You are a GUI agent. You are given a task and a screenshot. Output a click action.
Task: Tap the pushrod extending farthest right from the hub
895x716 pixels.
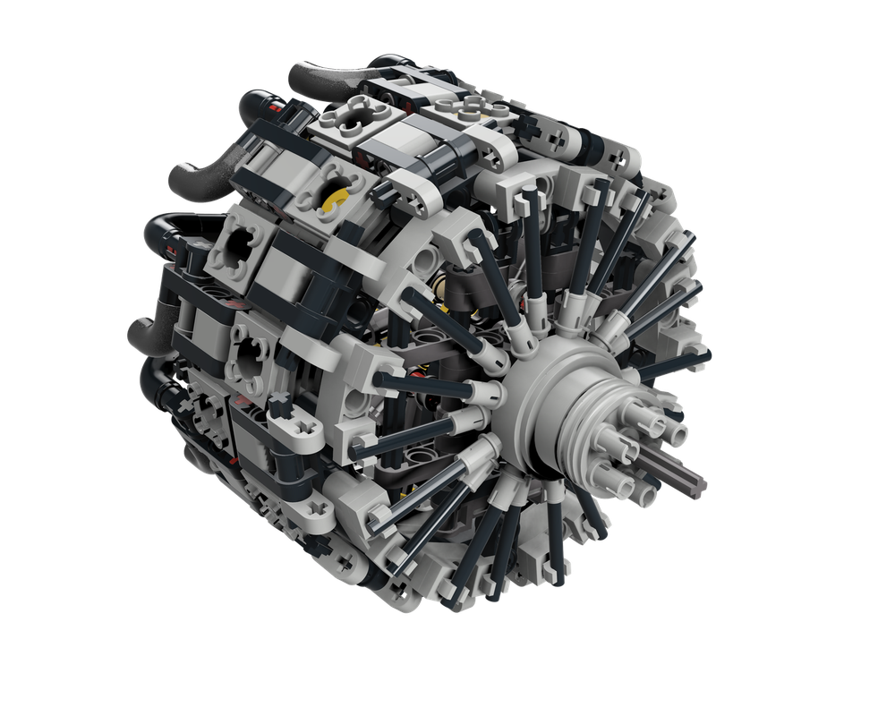(x=680, y=362)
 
